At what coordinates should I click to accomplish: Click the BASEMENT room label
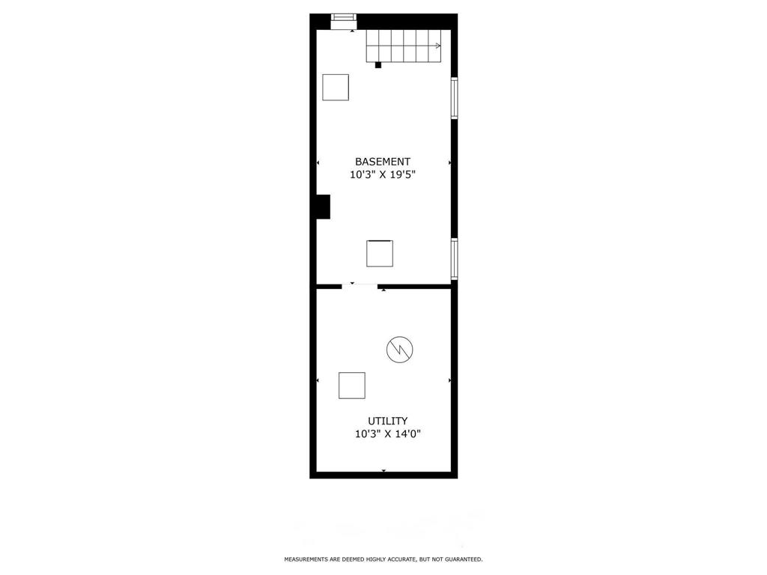pyautogui.click(x=382, y=162)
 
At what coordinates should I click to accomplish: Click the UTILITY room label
pyautogui.click(x=387, y=421)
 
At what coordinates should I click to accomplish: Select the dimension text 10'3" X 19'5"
pyautogui.click(x=382, y=175)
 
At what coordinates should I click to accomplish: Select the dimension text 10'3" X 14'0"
pyautogui.click(x=387, y=434)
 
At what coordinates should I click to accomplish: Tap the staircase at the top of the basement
pyautogui.click(x=403, y=46)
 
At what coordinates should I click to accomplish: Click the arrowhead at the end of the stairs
pyautogui.click(x=437, y=46)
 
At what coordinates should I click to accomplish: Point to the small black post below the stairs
pyautogui.click(x=378, y=65)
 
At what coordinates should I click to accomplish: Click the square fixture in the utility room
pyautogui.click(x=351, y=385)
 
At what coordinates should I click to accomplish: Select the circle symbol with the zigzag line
pyautogui.click(x=399, y=349)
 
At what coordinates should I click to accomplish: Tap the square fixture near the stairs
pyautogui.click(x=336, y=87)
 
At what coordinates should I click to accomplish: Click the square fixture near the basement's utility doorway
pyautogui.click(x=380, y=253)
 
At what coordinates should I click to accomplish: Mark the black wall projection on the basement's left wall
pyautogui.click(x=323, y=207)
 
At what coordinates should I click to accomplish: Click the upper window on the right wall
pyautogui.click(x=454, y=98)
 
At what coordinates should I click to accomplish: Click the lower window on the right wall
pyautogui.click(x=454, y=258)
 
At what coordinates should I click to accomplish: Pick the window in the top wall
pyautogui.click(x=344, y=20)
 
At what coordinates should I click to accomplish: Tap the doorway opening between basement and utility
pyautogui.click(x=360, y=285)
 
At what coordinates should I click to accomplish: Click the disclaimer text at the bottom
pyautogui.click(x=383, y=559)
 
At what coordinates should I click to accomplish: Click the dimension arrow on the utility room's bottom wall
pyautogui.click(x=383, y=470)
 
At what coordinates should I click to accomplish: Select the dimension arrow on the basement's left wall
pyautogui.click(x=318, y=162)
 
